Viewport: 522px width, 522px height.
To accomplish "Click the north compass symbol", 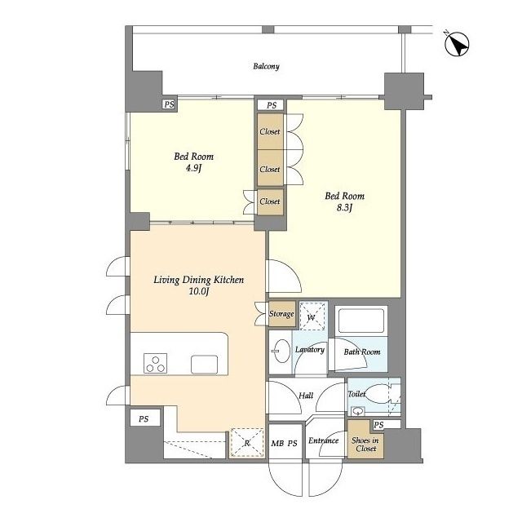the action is (457, 44).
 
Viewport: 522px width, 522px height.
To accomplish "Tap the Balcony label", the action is (266, 66).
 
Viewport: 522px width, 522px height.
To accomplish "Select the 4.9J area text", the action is (194, 168).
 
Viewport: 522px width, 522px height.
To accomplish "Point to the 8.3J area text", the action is (344, 208).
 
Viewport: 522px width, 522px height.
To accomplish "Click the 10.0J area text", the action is (199, 292).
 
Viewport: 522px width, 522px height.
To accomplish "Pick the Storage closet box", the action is (282, 313).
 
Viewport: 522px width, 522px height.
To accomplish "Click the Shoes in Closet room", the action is (365, 440).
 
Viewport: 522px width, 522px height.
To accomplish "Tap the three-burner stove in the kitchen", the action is (155, 363).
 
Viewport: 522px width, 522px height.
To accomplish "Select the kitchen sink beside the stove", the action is (205, 365).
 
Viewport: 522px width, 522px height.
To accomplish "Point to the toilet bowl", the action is (377, 395).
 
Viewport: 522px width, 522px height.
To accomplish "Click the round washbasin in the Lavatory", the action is (281, 352).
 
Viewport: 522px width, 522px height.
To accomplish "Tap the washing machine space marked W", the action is (312, 316).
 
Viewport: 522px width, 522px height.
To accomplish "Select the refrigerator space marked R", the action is (247, 443).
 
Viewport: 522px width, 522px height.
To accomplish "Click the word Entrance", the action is (323, 440).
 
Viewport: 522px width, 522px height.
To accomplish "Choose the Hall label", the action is (306, 396).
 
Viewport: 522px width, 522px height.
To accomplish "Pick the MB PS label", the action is (284, 444).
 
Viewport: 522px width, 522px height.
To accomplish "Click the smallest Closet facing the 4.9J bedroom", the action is (270, 201).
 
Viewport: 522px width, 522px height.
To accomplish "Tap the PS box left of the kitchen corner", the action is (144, 418).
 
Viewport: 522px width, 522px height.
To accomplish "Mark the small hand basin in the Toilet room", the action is (357, 412).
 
